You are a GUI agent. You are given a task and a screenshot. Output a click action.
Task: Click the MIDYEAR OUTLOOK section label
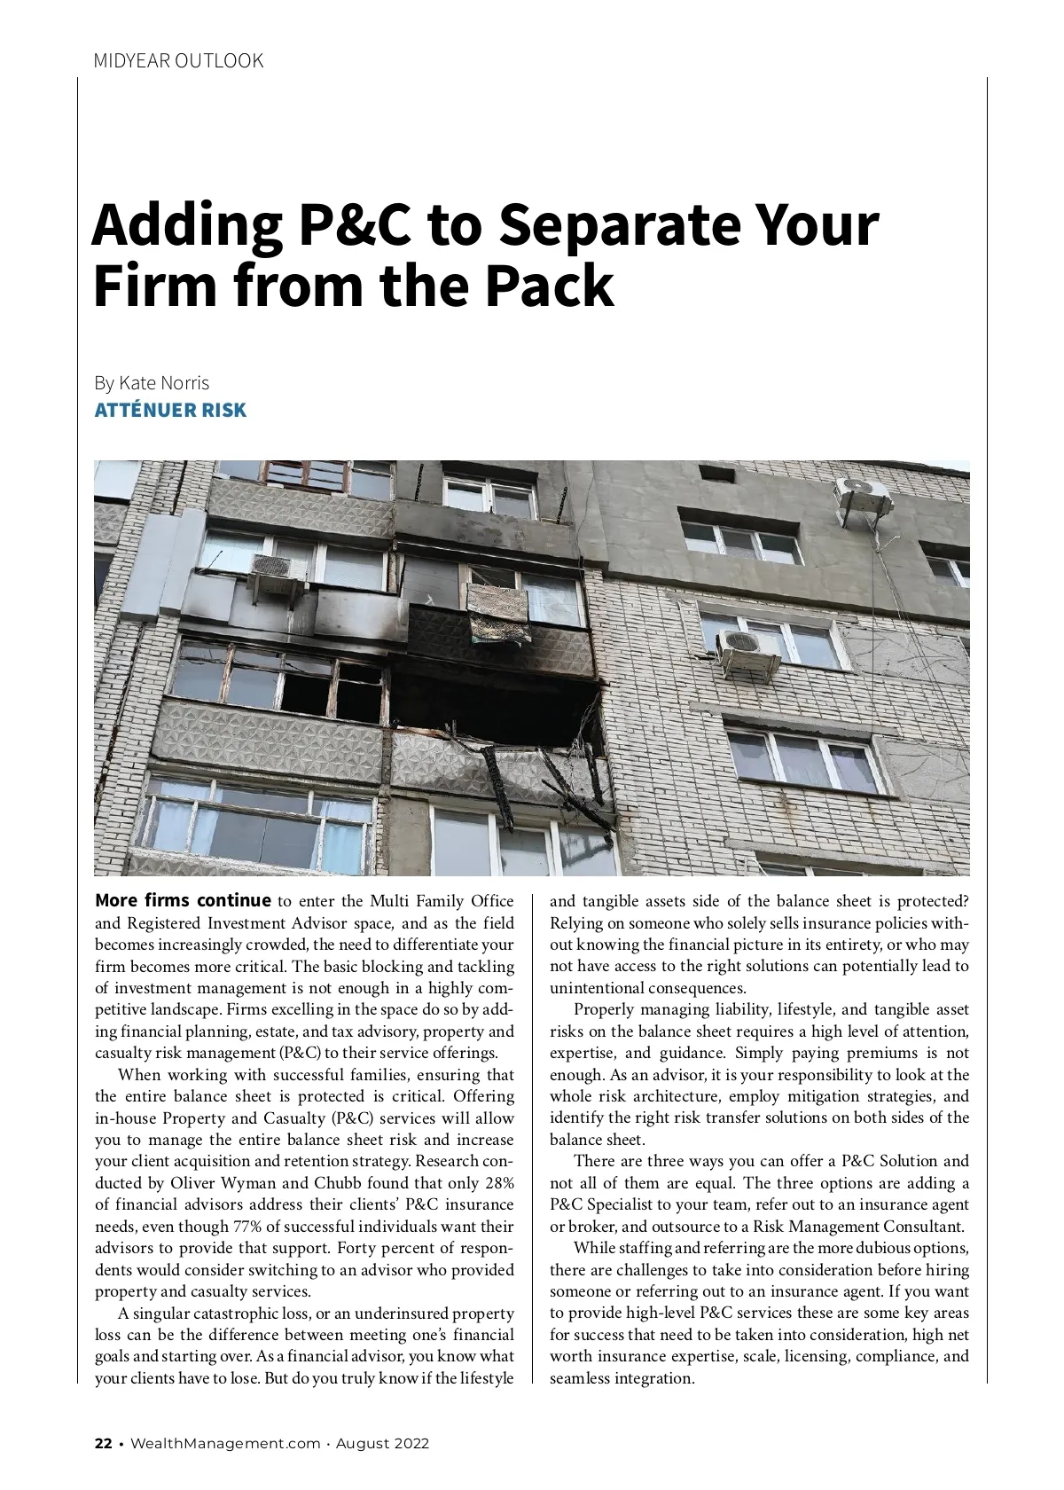pyautogui.click(x=178, y=61)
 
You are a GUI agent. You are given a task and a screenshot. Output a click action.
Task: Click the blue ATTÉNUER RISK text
pyautogui.click(x=170, y=411)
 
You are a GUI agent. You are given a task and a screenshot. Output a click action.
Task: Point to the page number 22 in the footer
pyautogui.click(x=104, y=1443)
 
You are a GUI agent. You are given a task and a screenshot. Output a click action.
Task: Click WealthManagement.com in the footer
pyautogui.click(x=225, y=1443)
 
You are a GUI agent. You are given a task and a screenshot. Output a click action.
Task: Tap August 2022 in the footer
pyautogui.click(x=382, y=1443)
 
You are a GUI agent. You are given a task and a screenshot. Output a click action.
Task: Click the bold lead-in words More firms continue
pyautogui.click(x=183, y=901)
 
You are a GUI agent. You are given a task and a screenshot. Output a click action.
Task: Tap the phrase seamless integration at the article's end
pyautogui.click(x=622, y=1378)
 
